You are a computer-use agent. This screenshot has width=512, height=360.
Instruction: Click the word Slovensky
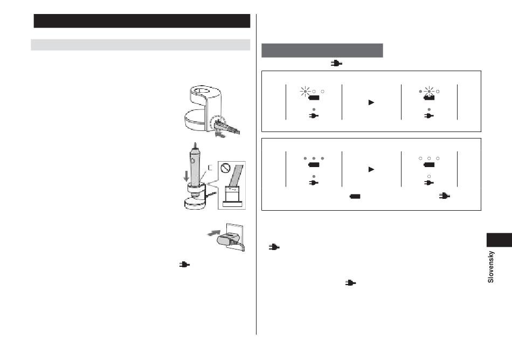490,267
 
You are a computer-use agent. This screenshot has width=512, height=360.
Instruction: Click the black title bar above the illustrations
142,21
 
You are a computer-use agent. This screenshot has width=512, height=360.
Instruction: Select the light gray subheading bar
141,45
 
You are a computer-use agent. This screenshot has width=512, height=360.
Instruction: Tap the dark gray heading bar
322,50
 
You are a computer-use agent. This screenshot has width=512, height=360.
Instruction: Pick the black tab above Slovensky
499,240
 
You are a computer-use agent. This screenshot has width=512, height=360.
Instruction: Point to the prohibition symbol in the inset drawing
225,168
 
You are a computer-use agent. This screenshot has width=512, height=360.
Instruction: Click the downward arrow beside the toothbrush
186,176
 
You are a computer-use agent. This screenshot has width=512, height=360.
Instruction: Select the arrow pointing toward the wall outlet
214,233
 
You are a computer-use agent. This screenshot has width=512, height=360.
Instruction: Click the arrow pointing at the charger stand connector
220,134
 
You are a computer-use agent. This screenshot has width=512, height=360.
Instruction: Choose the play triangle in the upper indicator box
371,102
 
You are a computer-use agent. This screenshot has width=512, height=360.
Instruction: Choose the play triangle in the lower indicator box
371,169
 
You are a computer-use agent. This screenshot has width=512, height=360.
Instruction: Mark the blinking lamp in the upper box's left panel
305,92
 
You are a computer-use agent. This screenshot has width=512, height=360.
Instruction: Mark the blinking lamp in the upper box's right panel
429,92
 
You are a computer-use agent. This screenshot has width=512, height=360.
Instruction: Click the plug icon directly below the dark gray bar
336,63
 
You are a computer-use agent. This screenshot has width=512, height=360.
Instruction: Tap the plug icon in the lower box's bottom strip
445,196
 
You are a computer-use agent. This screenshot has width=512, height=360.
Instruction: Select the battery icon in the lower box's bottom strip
355,196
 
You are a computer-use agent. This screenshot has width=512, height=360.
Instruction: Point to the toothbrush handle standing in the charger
195,170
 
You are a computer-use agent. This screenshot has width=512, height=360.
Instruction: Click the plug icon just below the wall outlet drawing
184,265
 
